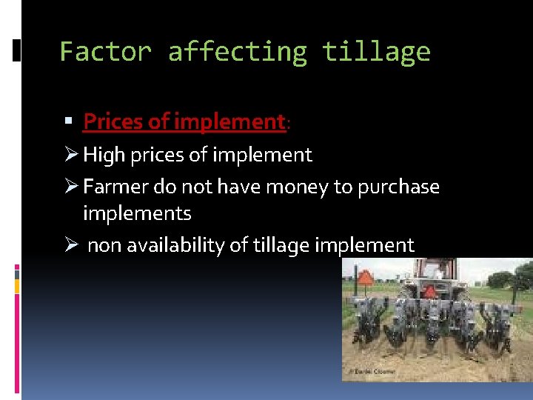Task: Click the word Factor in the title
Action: [105, 52]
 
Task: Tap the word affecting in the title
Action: [237, 52]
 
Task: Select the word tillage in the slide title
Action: [376, 52]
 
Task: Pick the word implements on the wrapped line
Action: [137, 213]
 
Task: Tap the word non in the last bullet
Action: [104, 245]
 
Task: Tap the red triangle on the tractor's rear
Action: [429, 292]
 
